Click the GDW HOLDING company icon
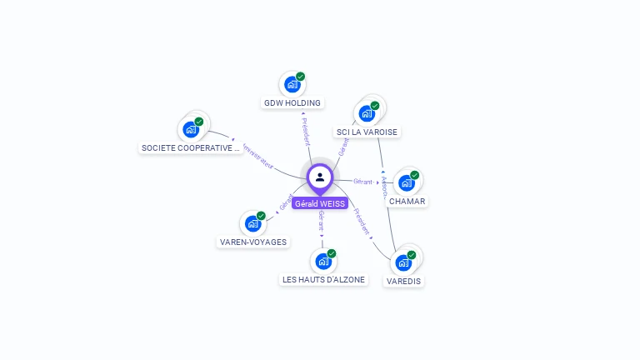(x=292, y=85)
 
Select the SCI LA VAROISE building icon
(x=366, y=114)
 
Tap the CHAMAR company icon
(x=406, y=183)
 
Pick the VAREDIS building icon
(x=403, y=263)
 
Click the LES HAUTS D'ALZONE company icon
(x=323, y=262)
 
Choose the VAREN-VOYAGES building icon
(x=252, y=224)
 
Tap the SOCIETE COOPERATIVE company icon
(x=191, y=130)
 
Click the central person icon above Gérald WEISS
(x=320, y=177)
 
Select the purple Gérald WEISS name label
(x=320, y=203)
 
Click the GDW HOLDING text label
(x=292, y=103)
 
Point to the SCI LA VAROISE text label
(x=367, y=132)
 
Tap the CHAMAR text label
(x=407, y=201)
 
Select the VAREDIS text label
(x=404, y=282)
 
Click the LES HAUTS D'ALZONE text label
(x=323, y=280)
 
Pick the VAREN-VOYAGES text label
(x=252, y=242)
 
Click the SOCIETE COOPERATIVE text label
(x=191, y=148)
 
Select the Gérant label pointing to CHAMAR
(x=362, y=182)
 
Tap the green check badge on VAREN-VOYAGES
(x=261, y=216)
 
